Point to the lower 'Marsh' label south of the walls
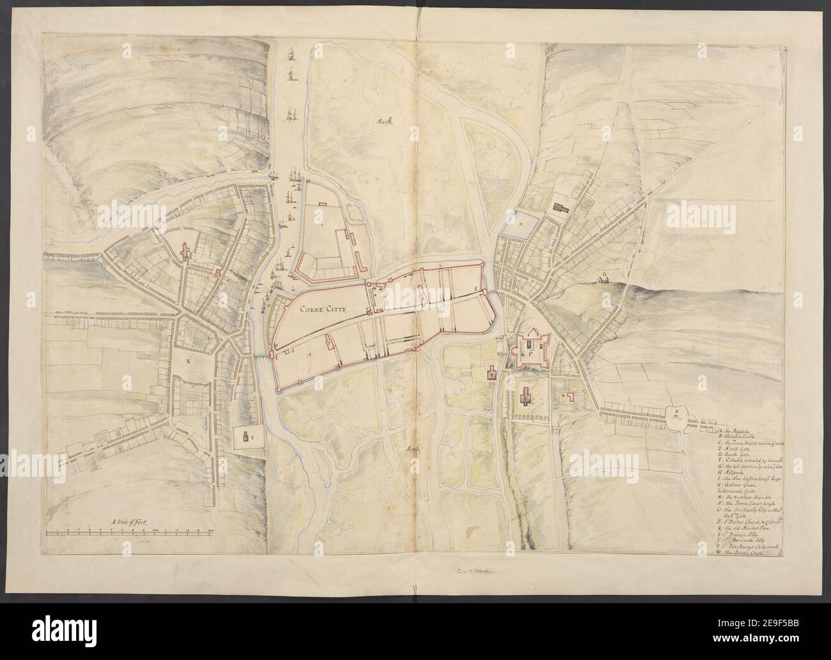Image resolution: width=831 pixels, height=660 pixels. click(415, 449)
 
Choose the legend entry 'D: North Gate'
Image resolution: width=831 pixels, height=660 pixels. click(734, 449)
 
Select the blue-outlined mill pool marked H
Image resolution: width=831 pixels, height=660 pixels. click(518, 224)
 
